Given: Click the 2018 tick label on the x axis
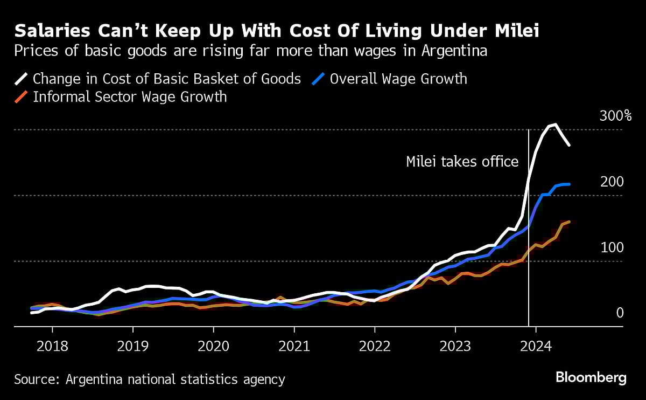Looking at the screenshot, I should tap(52, 345).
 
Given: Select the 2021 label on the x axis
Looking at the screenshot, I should tap(294, 345).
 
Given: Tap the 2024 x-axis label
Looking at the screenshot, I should tap(536, 345).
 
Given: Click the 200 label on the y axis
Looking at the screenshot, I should tap(612, 182).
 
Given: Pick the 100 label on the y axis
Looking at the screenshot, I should tap(612, 248).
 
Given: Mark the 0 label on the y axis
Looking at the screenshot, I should tap(619, 313).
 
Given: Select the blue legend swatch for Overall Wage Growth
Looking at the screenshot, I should tap(319, 79).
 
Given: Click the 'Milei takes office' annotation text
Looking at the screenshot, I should tap(462, 162).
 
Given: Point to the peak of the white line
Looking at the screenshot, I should tap(555, 125).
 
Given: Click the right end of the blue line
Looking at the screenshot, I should tap(569, 184).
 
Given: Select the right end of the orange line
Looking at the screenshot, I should tap(569, 222).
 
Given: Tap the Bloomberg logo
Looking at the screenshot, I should tap(591, 378).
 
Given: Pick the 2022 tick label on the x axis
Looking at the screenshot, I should tap(375, 345).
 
